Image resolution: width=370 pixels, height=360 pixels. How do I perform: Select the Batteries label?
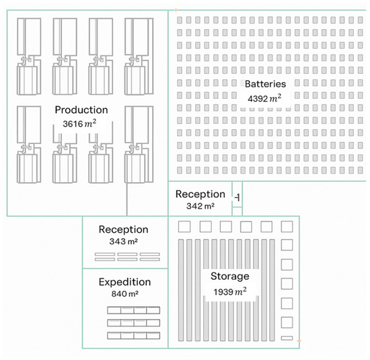coord(265,84)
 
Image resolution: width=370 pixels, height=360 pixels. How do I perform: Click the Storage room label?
coord(229,277)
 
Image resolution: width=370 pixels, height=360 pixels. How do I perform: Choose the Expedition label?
coord(125,282)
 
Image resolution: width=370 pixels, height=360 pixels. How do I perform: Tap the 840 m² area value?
coord(125,294)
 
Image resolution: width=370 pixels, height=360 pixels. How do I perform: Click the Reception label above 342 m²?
coord(200,194)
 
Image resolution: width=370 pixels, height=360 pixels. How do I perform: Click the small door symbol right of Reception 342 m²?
coord(237,197)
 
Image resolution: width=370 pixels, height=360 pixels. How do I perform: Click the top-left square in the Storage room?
coord(180,225)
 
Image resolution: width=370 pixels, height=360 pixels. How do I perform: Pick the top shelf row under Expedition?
coord(134,310)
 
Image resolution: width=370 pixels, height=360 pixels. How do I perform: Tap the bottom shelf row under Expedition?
coord(134,334)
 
